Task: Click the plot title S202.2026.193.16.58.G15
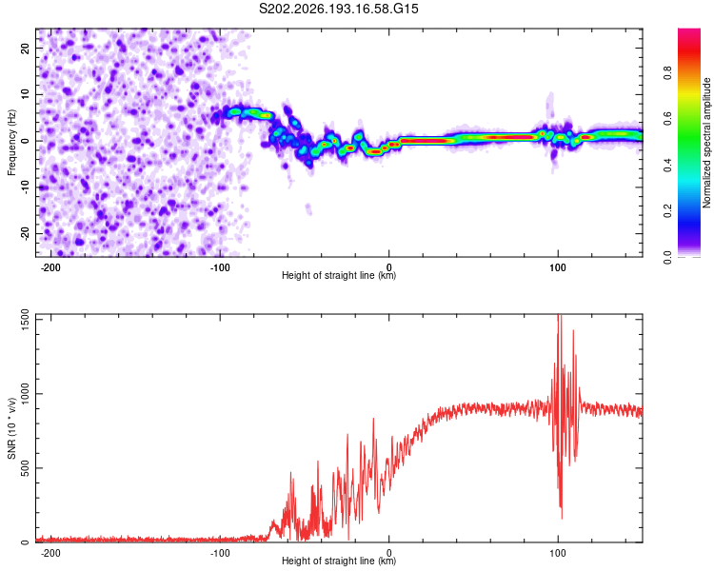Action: [x=338, y=9]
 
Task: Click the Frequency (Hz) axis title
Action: [x=11, y=143]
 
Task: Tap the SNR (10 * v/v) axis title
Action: [x=11, y=428]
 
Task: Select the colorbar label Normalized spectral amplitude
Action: [x=706, y=143]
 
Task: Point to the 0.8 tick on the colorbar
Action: [x=667, y=73]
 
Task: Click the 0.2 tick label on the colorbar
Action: [x=667, y=211]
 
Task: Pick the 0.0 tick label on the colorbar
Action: [x=667, y=257]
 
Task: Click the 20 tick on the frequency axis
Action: [x=26, y=49]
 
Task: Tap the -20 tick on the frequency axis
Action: [x=26, y=233]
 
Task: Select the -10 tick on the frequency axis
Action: [x=26, y=187]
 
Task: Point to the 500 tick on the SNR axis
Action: [x=26, y=468]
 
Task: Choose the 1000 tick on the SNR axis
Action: [x=26, y=394]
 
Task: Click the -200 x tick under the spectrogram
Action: [x=50, y=267]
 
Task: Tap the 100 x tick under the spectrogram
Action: [x=558, y=267]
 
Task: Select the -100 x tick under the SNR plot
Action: [x=220, y=553]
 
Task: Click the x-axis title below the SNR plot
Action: [x=339, y=561]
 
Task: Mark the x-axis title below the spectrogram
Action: [x=339, y=275]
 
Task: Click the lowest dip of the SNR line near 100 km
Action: [x=562, y=518]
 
